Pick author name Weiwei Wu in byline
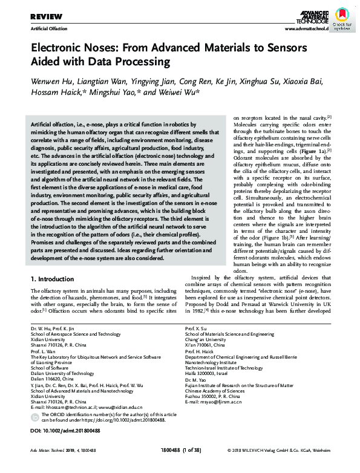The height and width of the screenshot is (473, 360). pos(180,93)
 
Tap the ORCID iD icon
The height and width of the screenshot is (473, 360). pos(34,400)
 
